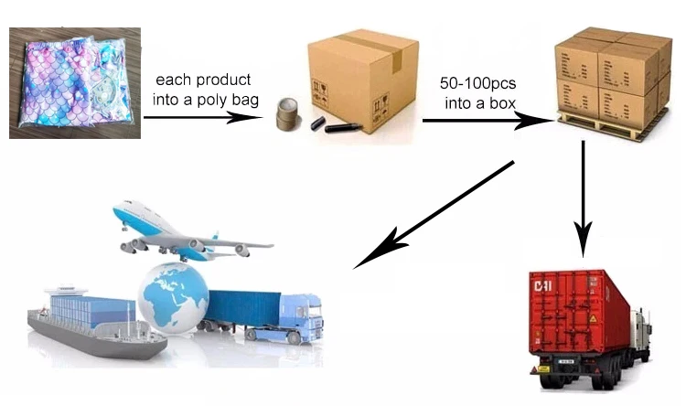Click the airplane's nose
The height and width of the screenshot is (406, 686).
118,212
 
